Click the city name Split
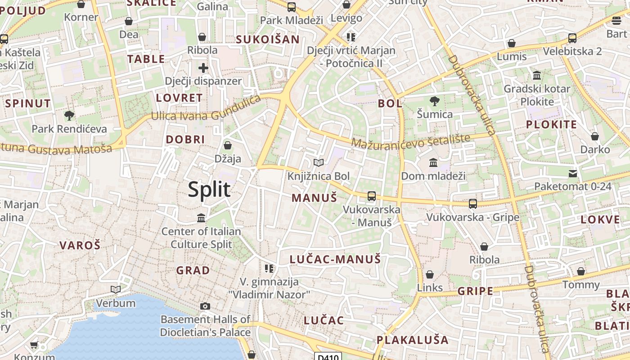209,189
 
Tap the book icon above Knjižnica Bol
319,162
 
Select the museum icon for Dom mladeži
433,162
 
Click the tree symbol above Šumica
434,101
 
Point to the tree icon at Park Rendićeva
69,116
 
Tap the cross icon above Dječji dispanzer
203,68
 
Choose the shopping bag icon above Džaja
228,145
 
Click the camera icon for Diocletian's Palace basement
205,306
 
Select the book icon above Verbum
116,289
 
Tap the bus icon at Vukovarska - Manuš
372,196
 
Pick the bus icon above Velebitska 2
572,38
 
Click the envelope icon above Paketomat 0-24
573,173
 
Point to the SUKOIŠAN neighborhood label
268,39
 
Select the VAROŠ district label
80,245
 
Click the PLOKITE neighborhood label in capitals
551,124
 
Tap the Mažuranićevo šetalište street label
410,141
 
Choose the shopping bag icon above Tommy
581,271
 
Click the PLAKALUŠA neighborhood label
413,339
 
